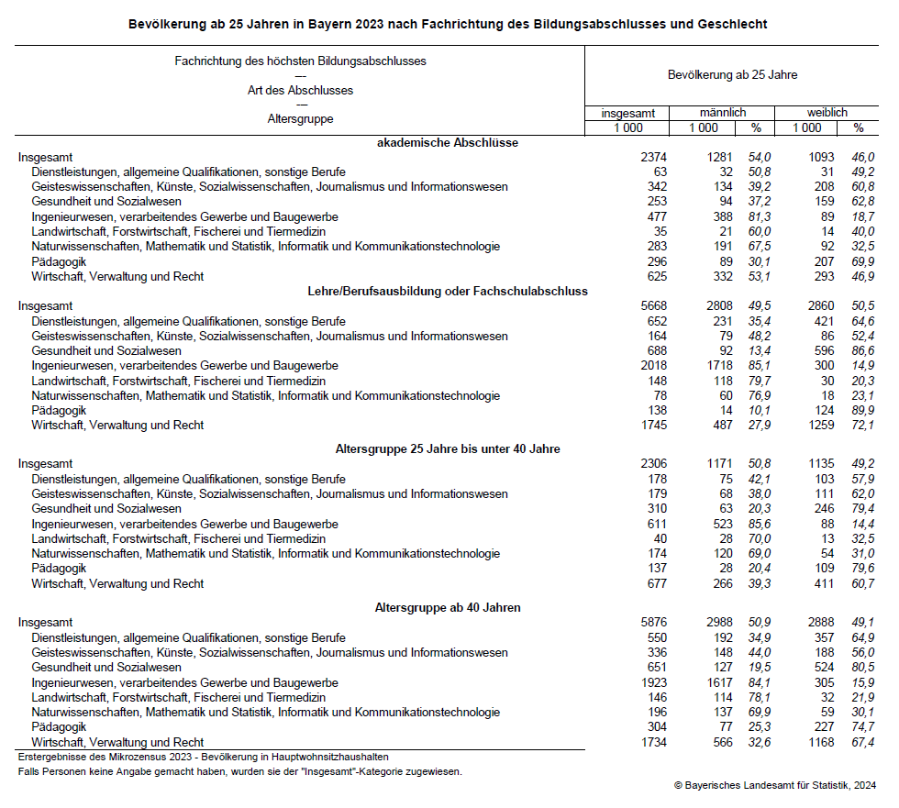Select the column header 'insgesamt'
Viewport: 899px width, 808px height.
click(x=628, y=113)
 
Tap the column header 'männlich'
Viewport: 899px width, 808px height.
click(x=722, y=112)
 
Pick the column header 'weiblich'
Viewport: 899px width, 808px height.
click(x=827, y=112)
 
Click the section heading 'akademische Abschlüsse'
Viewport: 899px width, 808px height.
click(x=448, y=142)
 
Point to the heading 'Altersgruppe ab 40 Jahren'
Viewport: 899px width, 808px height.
click(x=448, y=607)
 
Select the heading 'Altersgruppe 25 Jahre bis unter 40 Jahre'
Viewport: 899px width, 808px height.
click(x=448, y=448)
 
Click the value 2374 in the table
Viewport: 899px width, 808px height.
click(x=653, y=157)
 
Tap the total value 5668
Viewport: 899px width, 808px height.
click(x=653, y=306)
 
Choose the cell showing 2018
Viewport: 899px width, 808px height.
click(x=653, y=366)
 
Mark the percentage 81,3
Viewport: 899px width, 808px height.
click(x=762, y=216)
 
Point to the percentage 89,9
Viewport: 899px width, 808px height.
click(x=861, y=410)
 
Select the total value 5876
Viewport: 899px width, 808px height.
click(x=653, y=623)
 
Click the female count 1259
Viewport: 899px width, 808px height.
click(x=821, y=426)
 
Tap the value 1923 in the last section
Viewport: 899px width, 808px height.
click(x=653, y=682)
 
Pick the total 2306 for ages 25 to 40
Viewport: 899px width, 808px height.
click(x=653, y=464)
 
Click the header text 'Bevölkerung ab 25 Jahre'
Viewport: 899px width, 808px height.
click(x=731, y=74)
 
